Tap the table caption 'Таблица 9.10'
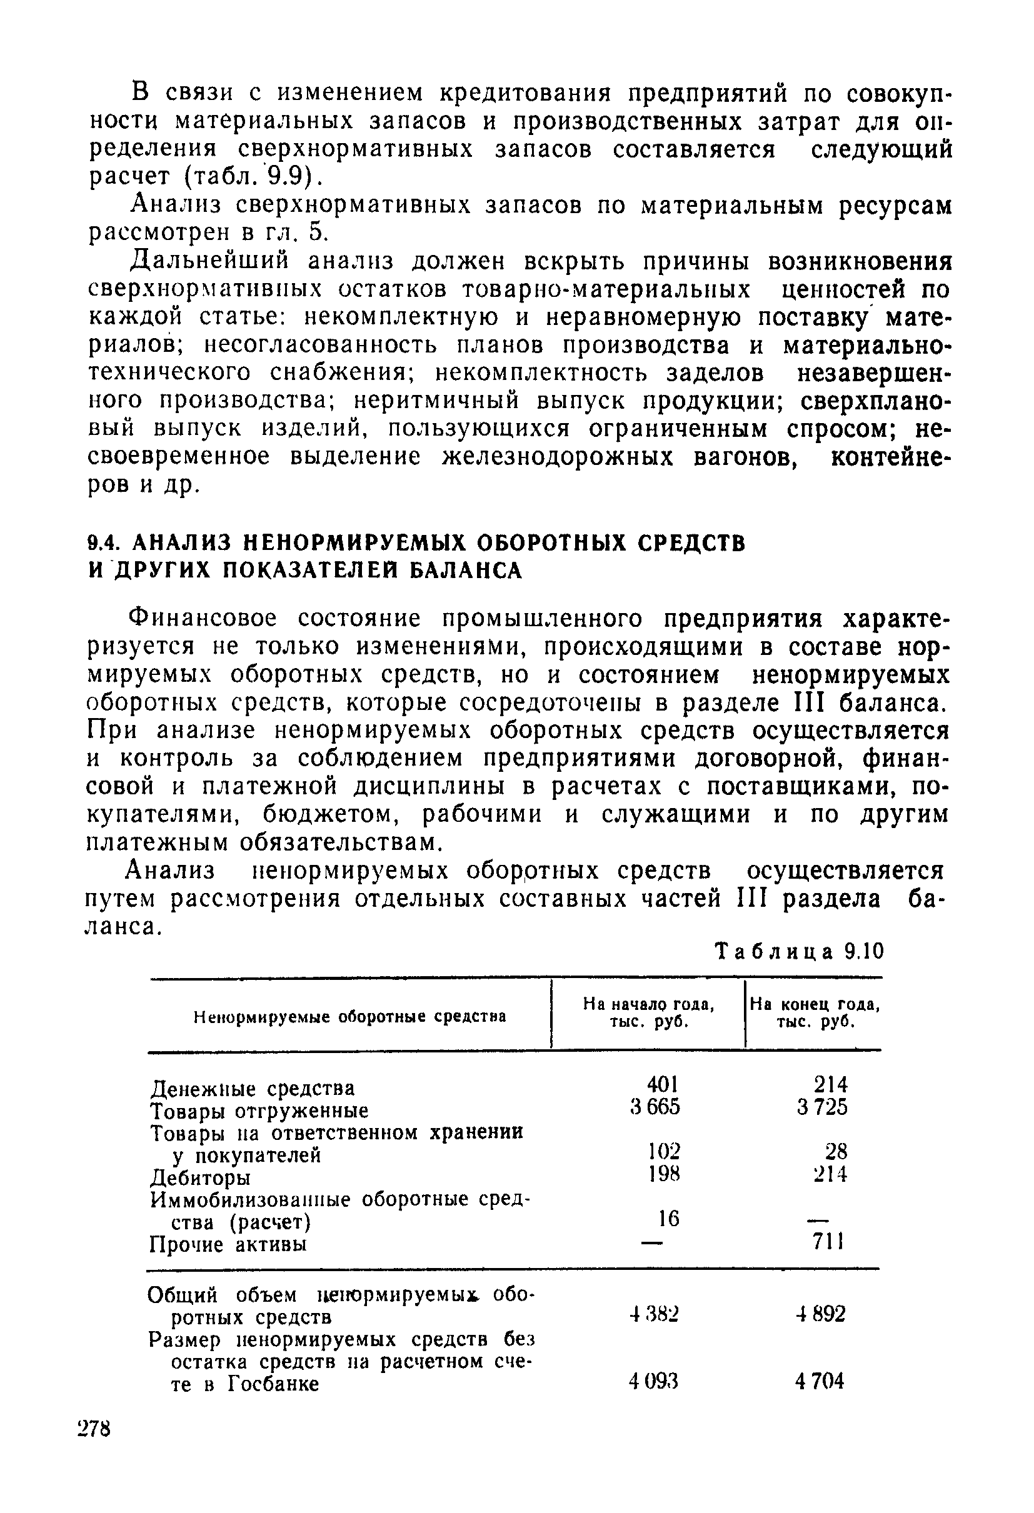(800, 952)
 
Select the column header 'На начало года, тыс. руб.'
(648, 1013)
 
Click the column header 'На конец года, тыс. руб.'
(815, 1013)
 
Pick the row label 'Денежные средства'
(253, 1088)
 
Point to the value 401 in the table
(663, 1084)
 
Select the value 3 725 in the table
(821, 1106)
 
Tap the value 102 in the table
(663, 1152)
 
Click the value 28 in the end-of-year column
(836, 1152)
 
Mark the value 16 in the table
(668, 1218)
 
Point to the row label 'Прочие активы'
(228, 1244)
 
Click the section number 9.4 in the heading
(103, 542)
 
